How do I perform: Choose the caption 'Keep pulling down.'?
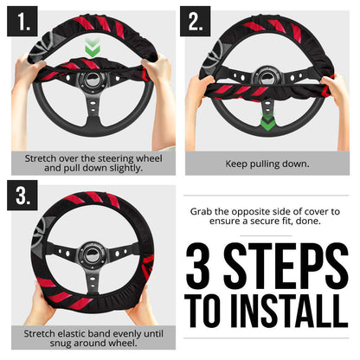click(x=269, y=163)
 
